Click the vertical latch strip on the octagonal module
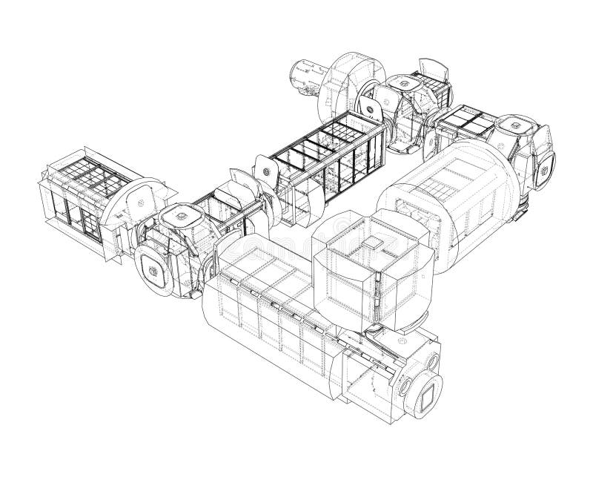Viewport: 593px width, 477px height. pyautogui.click(x=377, y=297)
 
